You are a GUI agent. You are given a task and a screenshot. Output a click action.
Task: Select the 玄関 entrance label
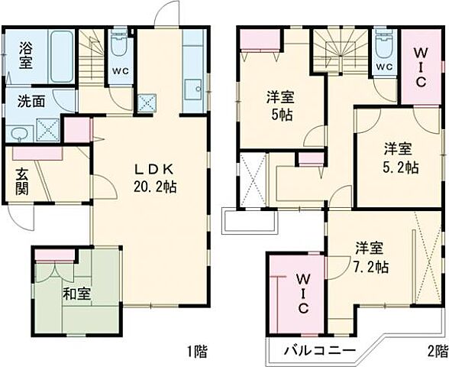(21, 180)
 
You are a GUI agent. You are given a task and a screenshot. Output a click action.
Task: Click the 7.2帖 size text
(372, 267)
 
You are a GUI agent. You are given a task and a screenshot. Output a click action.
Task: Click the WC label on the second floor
(383, 67)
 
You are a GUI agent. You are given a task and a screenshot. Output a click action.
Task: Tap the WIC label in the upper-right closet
(420, 62)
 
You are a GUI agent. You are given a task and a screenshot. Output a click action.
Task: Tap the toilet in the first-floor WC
(119, 47)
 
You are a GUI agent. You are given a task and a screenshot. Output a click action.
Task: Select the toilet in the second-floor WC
(383, 47)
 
